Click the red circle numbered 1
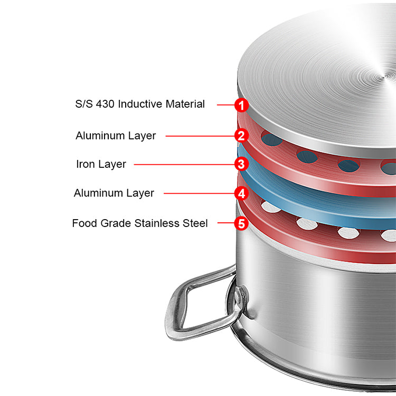241,105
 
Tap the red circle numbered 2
241,136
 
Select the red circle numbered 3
241,164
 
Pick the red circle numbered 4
241,193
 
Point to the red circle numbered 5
241,223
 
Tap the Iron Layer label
101,164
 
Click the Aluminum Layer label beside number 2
116,136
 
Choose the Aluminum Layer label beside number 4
114,193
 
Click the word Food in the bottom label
84,223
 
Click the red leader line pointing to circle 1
225,105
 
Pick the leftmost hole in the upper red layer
272,140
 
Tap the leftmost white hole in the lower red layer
270,206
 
